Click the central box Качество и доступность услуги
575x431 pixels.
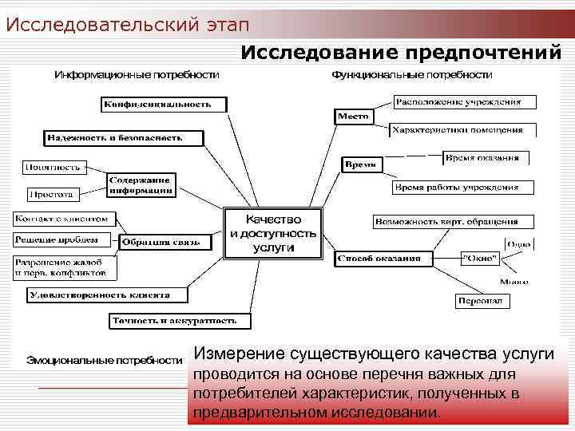(x=273, y=234)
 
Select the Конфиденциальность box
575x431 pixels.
(x=164, y=104)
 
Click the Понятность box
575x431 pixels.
(x=53, y=168)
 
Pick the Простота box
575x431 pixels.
(x=52, y=193)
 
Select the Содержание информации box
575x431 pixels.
(x=141, y=185)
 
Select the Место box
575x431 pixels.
(x=353, y=117)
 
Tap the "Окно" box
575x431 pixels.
(x=480, y=259)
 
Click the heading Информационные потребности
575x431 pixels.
(x=136, y=74)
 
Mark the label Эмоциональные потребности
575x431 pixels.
(x=105, y=361)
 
